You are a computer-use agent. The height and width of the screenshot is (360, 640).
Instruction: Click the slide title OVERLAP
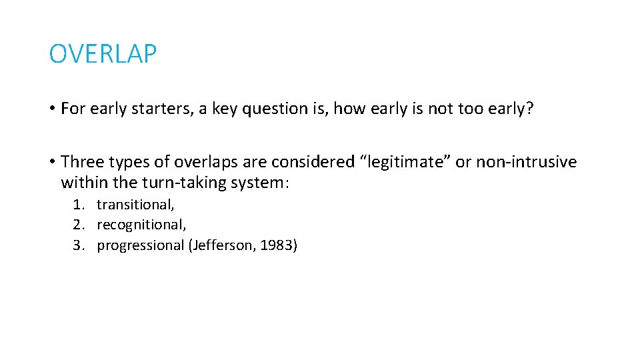103,55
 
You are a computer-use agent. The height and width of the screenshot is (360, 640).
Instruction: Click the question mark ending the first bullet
529,109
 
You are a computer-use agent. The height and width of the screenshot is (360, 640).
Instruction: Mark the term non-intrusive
526,162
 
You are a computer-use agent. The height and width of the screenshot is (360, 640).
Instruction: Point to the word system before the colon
257,183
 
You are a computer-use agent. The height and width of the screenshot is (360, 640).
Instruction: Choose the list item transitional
135,205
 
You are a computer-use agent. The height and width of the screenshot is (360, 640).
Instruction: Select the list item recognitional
141,225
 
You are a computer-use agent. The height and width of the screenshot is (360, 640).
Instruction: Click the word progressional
141,245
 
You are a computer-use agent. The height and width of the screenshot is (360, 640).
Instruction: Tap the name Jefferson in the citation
219,245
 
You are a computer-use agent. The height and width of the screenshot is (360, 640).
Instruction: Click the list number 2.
78,225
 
